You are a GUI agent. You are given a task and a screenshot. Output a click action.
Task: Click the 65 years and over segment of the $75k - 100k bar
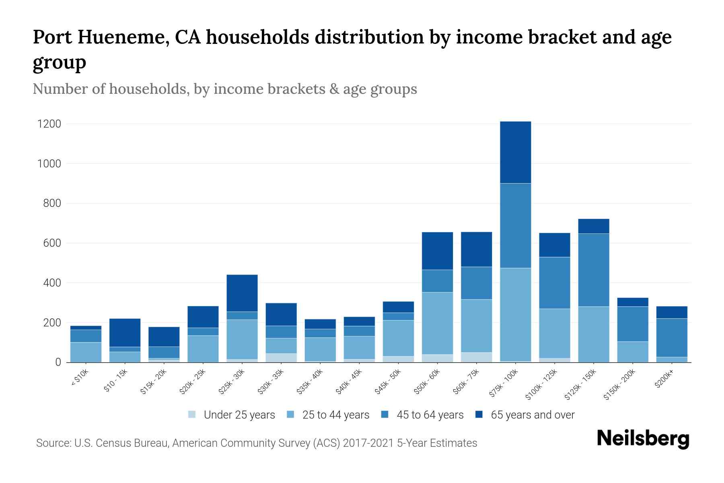[x=515, y=152]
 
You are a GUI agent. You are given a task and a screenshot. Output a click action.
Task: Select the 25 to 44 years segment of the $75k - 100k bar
[x=515, y=314]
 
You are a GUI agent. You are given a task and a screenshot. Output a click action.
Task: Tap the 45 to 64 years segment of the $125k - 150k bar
[x=593, y=270]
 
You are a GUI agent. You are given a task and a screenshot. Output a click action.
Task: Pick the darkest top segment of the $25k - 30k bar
[x=242, y=293]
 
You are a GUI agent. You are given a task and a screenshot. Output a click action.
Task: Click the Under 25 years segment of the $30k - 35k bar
[x=281, y=357]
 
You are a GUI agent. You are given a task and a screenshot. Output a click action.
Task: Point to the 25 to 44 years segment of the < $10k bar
[x=86, y=352]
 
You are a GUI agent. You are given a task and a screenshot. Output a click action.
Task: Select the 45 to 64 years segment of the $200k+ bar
[x=671, y=338]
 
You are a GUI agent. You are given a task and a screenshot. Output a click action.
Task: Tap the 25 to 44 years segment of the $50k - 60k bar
[x=437, y=323]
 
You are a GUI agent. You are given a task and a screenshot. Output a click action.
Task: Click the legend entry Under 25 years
[x=239, y=415]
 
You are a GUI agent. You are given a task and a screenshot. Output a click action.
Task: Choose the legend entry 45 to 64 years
[x=430, y=415]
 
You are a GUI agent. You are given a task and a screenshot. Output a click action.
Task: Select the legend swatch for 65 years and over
[x=479, y=415]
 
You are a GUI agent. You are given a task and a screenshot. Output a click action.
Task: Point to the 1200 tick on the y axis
[x=49, y=124]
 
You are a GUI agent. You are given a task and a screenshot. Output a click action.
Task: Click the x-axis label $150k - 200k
[x=620, y=384]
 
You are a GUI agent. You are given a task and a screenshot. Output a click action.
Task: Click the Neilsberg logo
[x=643, y=439]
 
